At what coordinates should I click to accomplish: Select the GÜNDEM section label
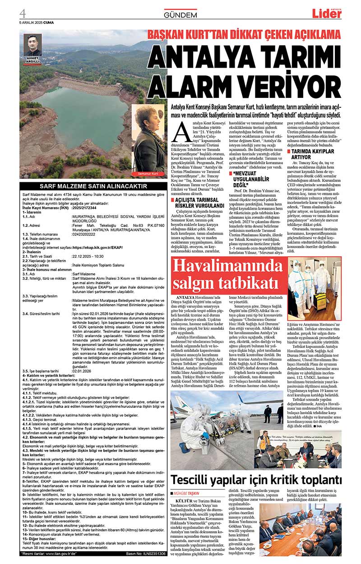coord(180,15)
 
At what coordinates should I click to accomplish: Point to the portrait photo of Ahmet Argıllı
coord(32,45)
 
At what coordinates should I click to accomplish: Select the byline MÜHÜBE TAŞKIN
coord(187,494)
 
